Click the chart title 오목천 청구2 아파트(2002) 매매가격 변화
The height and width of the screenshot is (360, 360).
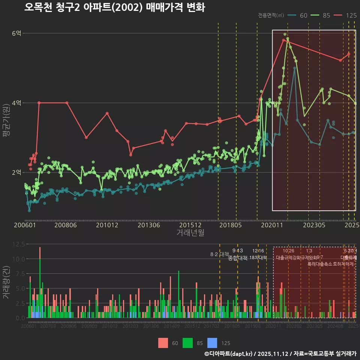click(114, 8)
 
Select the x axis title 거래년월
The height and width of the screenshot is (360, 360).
click(190, 233)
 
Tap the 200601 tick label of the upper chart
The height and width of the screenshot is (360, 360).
click(25, 225)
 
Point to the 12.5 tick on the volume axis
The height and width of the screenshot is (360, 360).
click(19, 244)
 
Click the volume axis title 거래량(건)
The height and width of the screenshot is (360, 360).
click(6, 282)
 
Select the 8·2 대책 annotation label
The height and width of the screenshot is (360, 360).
click(219, 254)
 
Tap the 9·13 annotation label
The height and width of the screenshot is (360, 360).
click(237, 250)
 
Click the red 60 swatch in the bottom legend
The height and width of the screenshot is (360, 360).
click(163, 343)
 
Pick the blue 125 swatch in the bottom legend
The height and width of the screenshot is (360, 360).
click(212, 343)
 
